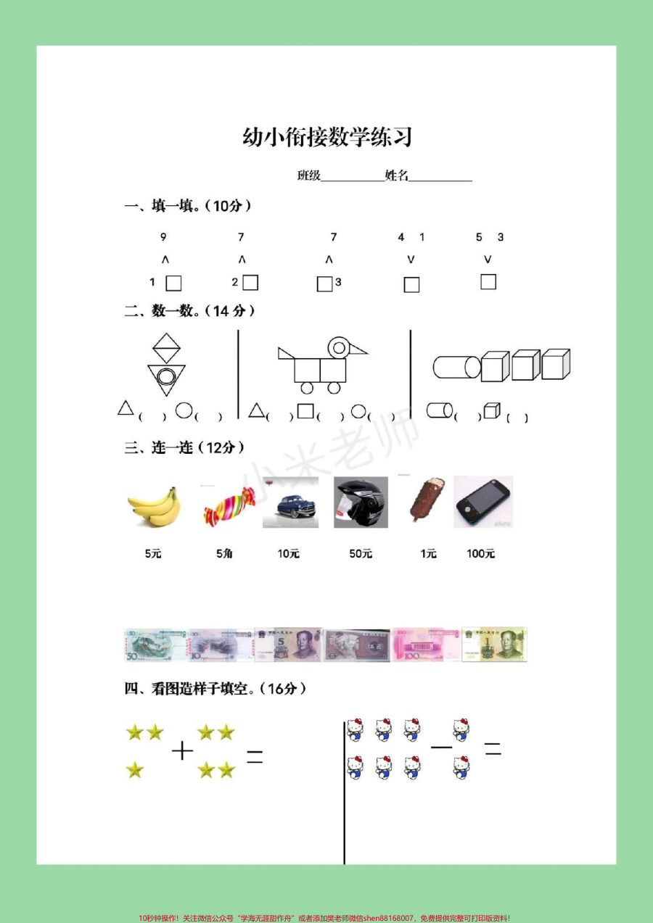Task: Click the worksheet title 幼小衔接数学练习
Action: click(327, 138)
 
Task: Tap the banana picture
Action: click(153, 505)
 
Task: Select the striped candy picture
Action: click(229, 505)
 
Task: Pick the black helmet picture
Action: click(361, 502)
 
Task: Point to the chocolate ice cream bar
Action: click(421, 500)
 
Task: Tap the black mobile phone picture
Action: click(482, 502)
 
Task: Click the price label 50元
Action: click(361, 554)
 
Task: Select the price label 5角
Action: click(224, 554)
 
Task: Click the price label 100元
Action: click(480, 554)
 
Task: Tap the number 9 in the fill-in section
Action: click(163, 237)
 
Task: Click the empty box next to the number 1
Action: click(173, 283)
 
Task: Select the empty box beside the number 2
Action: click(250, 282)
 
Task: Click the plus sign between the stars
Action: click(182, 750)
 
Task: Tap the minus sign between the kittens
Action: click(441, 746)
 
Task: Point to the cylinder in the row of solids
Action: click(456, 367)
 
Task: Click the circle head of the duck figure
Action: click(338, 347)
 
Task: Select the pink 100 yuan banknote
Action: click(425, 645)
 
